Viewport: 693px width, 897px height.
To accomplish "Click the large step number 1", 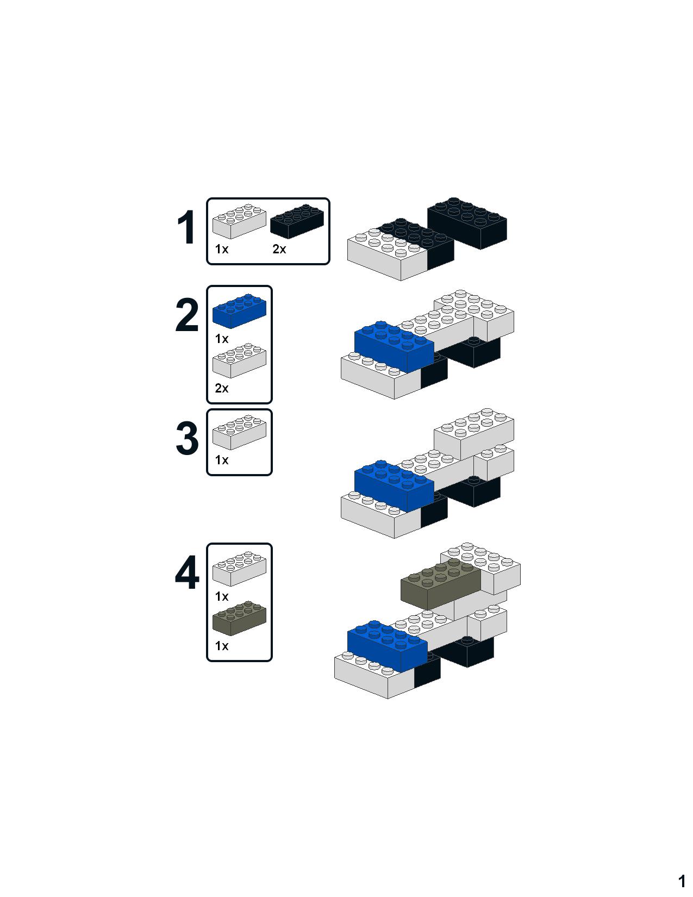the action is tap(186, 227).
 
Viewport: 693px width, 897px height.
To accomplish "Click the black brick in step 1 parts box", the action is tap(297, 221).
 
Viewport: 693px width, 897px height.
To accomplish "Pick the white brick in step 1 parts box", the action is tap(239, 221).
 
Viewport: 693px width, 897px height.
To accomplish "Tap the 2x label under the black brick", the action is tap(279, 249).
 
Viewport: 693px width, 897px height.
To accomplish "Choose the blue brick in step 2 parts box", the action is tap(239, 311).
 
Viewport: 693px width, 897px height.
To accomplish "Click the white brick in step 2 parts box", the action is tap(239, 360).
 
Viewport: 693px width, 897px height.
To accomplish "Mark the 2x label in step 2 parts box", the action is tap(222, 388).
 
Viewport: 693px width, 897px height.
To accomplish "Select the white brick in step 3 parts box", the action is tap(239, 432).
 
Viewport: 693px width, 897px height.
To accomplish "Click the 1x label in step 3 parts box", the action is tap(222, 460).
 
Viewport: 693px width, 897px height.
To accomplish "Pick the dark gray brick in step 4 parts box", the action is tap(239, 618).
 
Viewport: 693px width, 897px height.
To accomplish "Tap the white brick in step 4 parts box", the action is tap(239, 569).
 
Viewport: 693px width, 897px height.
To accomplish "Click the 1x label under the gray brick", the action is tap(222, 646).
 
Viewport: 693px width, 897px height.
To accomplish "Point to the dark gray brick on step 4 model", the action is tap(440, 584).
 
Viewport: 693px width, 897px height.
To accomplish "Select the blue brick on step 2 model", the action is tap(394, 347).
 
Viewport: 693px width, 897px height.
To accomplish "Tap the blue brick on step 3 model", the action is tap(394, 486).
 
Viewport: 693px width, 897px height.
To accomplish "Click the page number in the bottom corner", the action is tap(682, 881).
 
